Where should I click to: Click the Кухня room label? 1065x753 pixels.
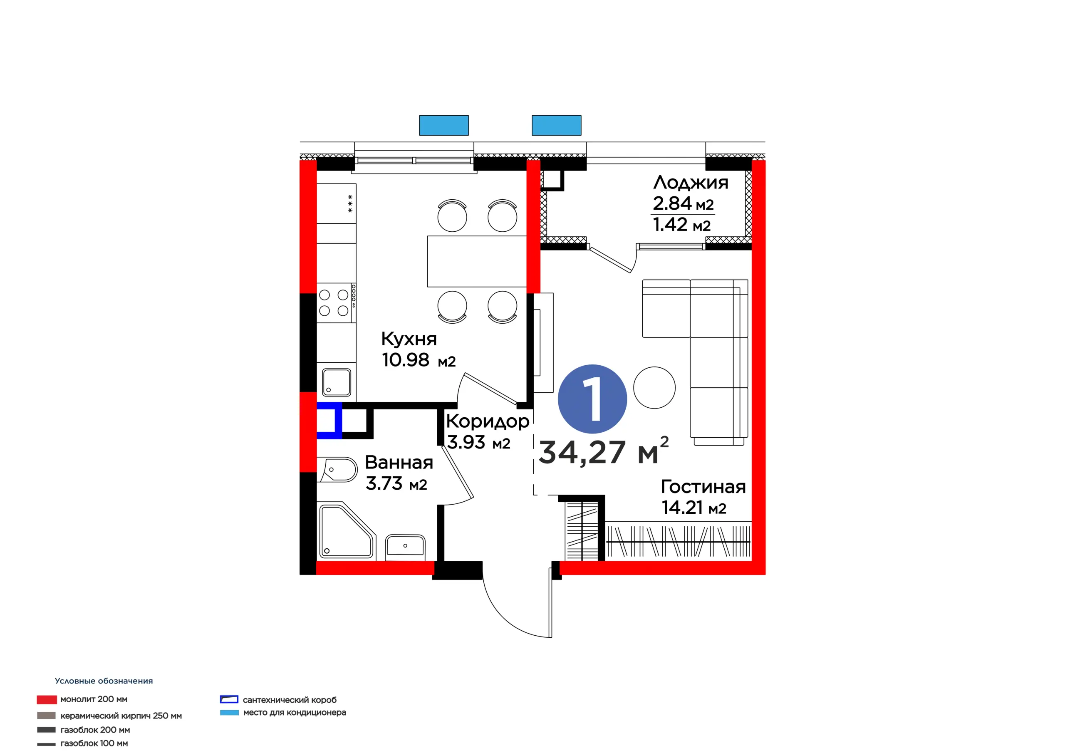409,339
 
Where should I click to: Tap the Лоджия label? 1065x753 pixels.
691,182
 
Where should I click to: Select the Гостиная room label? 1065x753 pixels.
703,487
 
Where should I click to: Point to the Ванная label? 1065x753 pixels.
399,463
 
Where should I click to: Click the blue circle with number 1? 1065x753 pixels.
592,399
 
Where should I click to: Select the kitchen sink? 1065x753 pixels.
336,382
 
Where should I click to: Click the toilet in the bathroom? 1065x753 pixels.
337,470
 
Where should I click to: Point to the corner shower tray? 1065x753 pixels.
347,531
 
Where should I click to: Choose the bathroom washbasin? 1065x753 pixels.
405,545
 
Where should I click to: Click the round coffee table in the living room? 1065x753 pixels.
654,387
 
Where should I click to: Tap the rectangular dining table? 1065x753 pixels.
477,261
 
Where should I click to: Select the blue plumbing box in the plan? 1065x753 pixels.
329,420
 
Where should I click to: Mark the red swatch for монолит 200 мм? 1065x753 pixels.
47,700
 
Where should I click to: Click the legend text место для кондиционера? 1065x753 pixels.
295,713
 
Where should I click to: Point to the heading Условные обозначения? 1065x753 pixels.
104,681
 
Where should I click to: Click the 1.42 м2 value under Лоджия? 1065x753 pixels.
682,225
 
